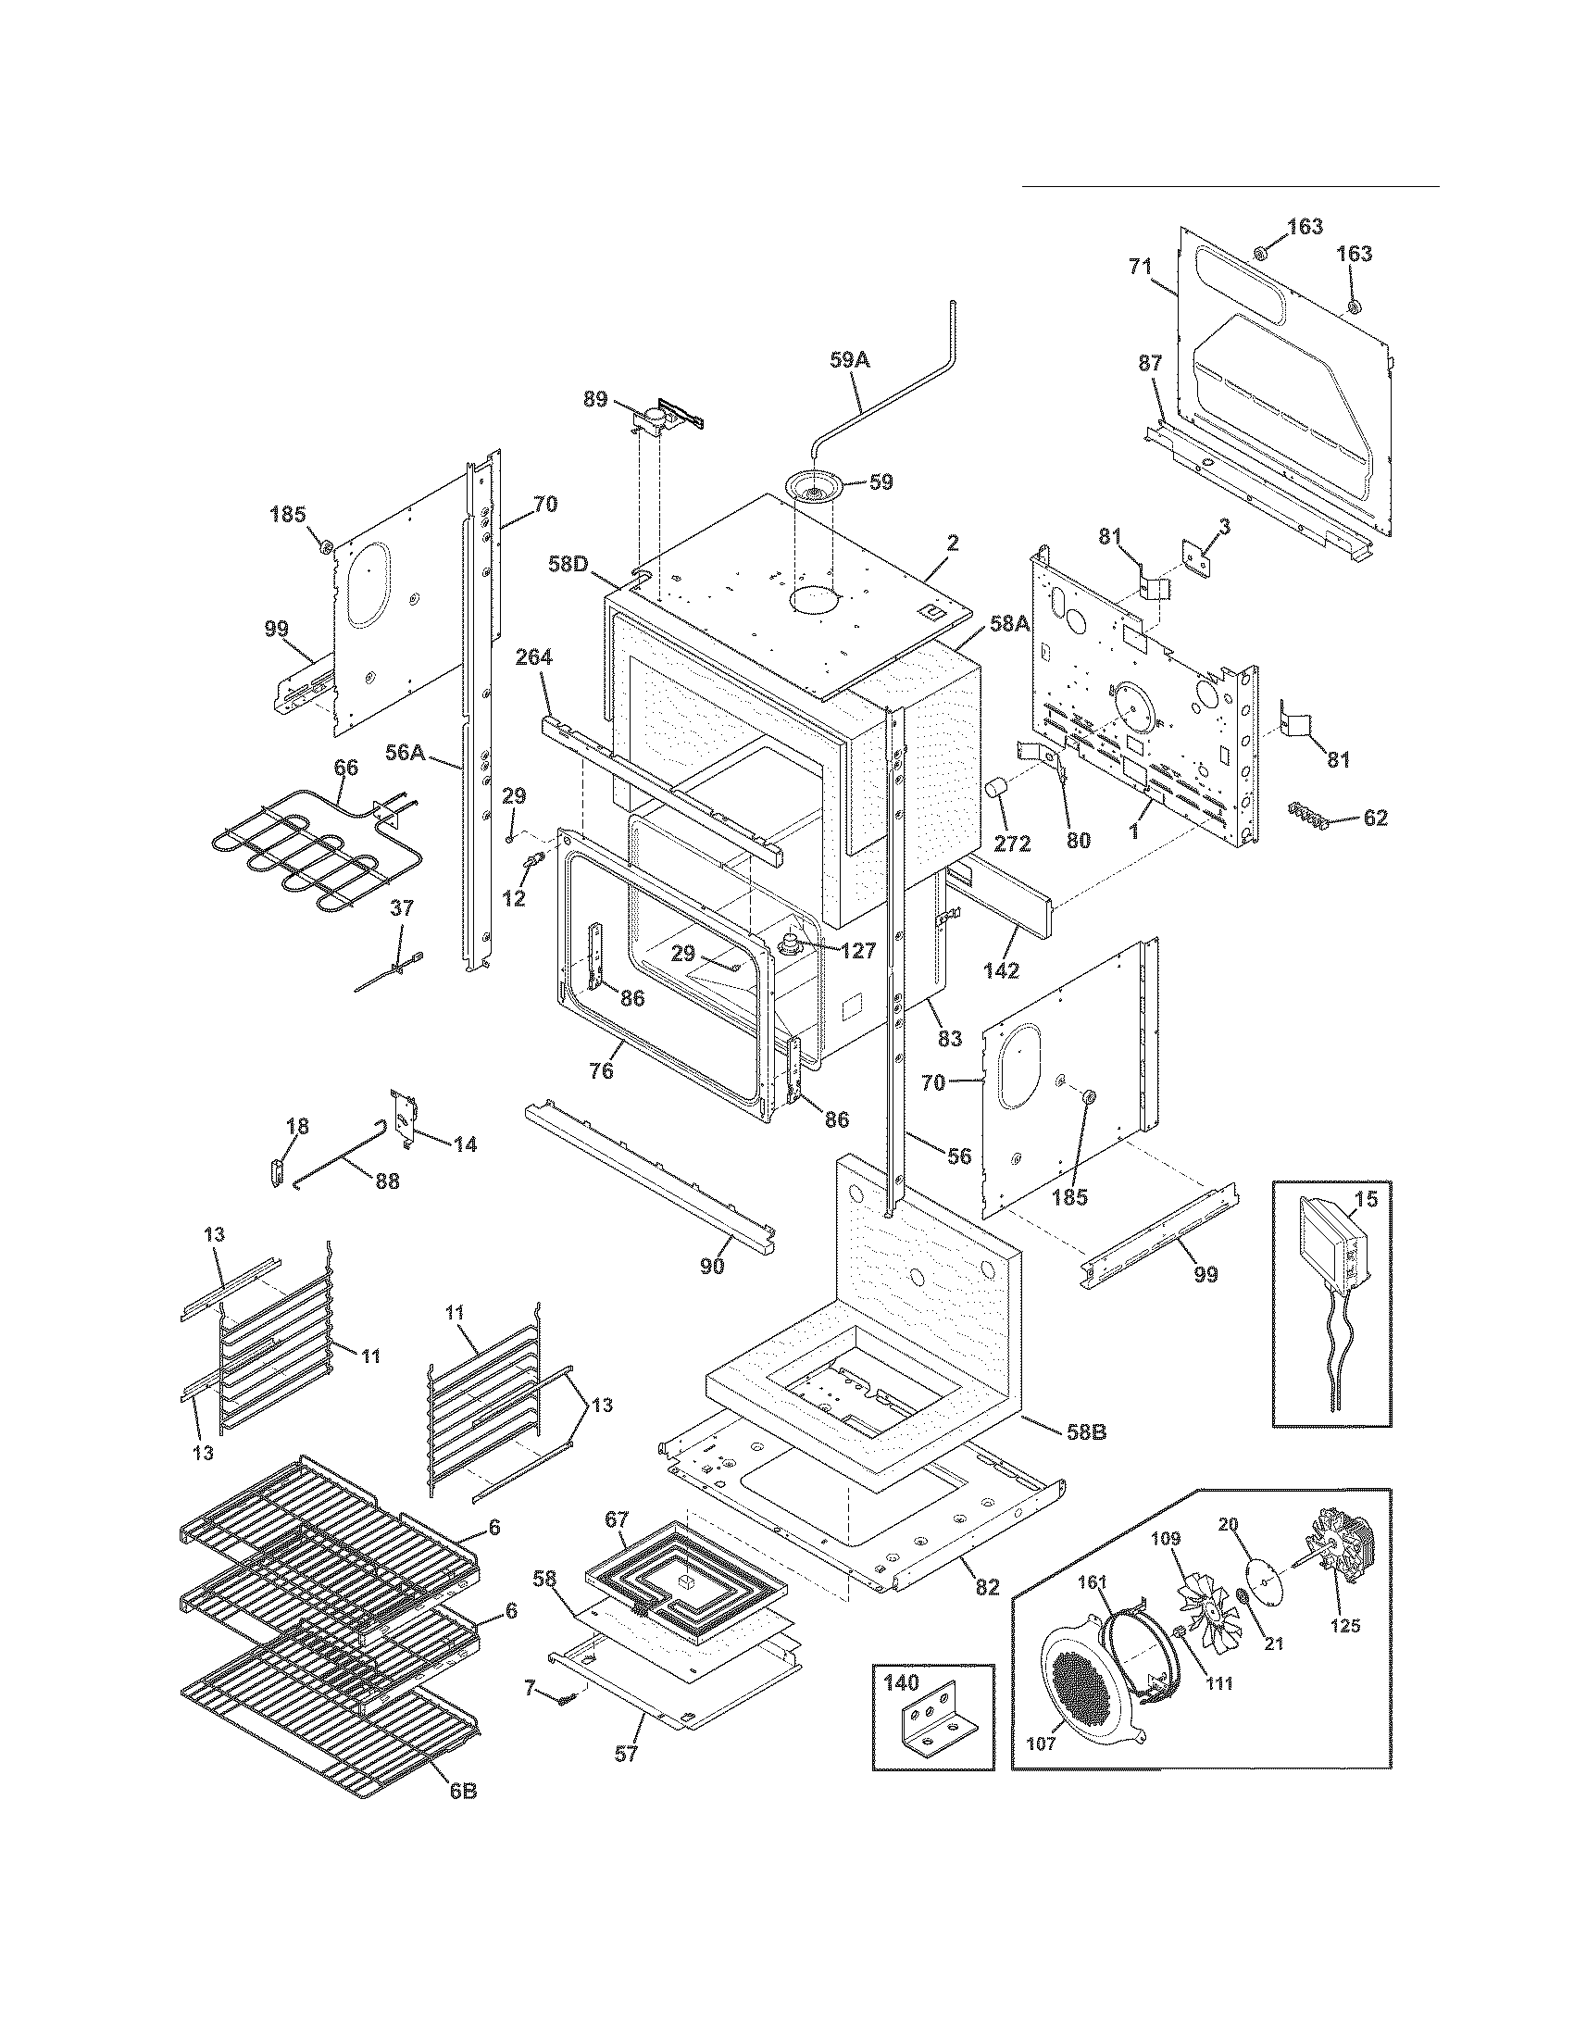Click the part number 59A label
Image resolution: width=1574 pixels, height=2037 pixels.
(x=848, y=358)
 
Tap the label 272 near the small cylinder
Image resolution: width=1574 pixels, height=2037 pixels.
(x=1012, y=844)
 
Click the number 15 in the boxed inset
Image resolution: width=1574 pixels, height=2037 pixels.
(x=1365, y=1199)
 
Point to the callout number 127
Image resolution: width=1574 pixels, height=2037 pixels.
(x=857, y=950)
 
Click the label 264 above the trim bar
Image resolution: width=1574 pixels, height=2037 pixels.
(x=533, y=656)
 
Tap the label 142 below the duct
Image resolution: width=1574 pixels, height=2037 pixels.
(x=1001, y=969)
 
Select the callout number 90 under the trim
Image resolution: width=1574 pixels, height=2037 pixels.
(x=711, y=1267)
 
